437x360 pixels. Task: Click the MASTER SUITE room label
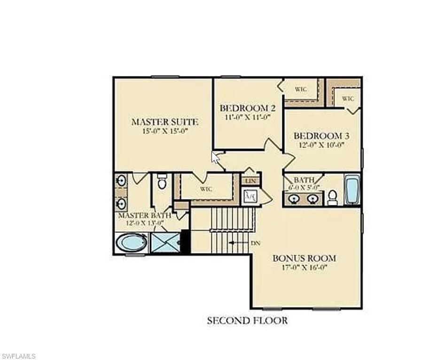coord(164,122)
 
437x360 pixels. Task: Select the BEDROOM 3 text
coord(321,136)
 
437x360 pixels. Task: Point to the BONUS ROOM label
coord(304,258)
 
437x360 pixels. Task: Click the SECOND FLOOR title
coord(247,321)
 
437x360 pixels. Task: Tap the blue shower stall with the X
coord(166,243)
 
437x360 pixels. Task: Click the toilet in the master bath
coord(162,181)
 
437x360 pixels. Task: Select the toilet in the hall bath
coord(332,197)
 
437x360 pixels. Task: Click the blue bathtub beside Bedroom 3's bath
coord(352,189)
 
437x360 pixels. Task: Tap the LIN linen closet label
coord(250,181)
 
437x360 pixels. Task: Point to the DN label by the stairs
coord(256,243)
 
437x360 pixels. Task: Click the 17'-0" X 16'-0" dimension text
coord(304,268)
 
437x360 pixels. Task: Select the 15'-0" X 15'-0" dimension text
coord(164,131)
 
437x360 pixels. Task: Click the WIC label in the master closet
coord(206,189)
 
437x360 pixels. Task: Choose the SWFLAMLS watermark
coord(19,356)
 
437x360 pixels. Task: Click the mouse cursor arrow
coord(215,157)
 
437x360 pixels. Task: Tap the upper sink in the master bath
coord(121,180)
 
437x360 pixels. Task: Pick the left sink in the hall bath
coord(295,198)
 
